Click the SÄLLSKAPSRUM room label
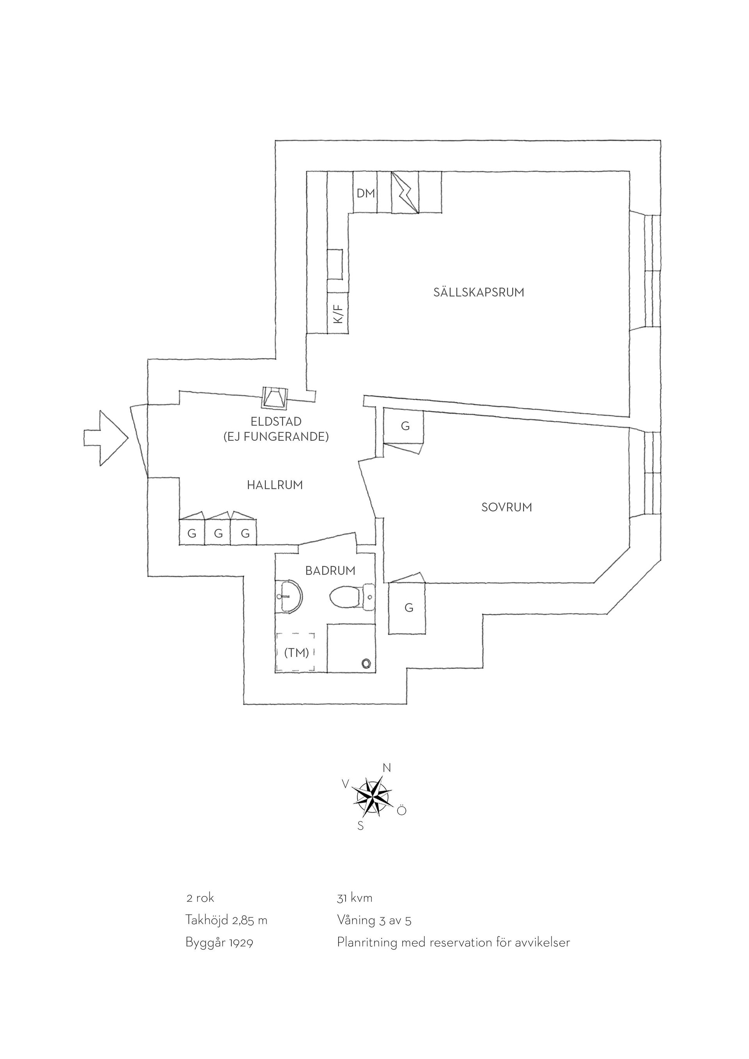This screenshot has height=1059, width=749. (x=479, y=292)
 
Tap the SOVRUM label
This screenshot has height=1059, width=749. (x=506, y=507)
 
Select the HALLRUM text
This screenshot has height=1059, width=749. (x=275, y=485)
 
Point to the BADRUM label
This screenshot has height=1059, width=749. (x=330, y=571)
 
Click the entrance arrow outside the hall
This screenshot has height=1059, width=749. (x=106, y=438)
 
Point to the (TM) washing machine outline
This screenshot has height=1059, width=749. (x=296, y=652)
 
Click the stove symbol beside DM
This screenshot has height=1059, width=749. (x=405, y=192)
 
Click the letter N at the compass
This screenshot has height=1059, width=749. (x=387, y=768)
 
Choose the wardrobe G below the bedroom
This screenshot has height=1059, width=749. (x=407, y=608)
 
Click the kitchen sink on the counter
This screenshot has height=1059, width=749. (x=335, y=264)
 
